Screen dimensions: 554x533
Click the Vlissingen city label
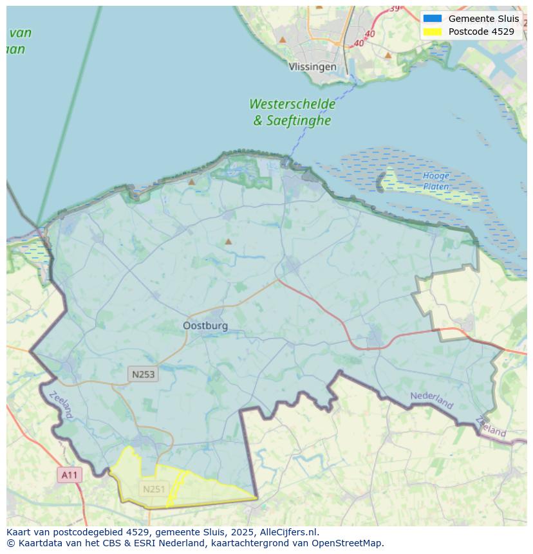[x=312, y=67]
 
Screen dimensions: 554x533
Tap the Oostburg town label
[x=205, y=326]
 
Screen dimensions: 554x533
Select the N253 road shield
[x=143, y=374]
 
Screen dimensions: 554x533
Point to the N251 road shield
[x=154, y=489]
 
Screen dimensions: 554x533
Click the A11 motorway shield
[x=69, y=476]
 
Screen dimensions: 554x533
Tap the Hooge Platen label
[x=436, y=181]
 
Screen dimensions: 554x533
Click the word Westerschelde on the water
[x=292, y=104]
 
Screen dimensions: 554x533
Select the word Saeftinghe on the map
[x=299, y=120]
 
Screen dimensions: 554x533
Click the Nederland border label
[x=432, y=400]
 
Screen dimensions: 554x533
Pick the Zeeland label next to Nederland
[x=491, y=427]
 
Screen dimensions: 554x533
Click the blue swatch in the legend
[x=432, y=19]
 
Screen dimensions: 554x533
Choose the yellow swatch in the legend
[x=432, y=32]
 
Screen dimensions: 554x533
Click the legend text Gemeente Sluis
[x=483, y=19]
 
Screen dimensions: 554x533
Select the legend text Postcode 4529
[x=481, y=32]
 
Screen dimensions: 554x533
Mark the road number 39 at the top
[x=394, y=8]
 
